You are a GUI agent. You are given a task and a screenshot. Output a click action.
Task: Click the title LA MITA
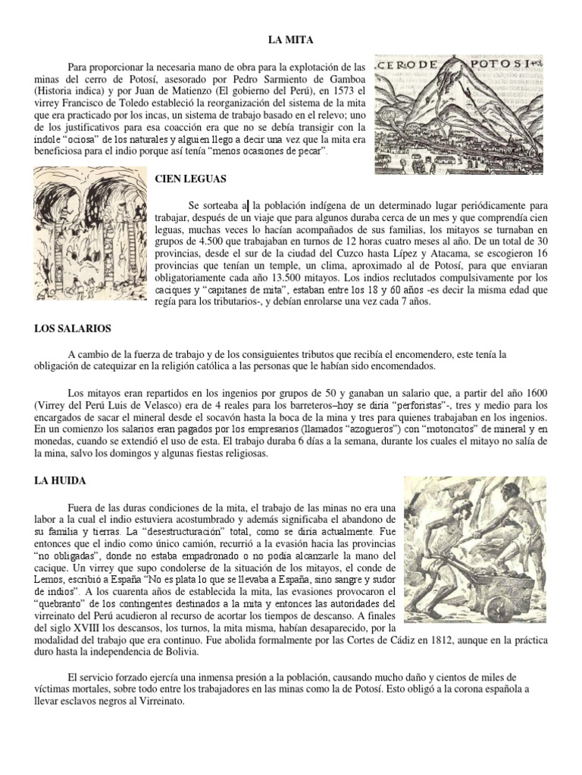[292, 38]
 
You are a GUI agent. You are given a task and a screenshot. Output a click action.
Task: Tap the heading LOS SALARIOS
[73, 328]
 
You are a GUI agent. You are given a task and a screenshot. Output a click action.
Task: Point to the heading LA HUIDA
[61, 480]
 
